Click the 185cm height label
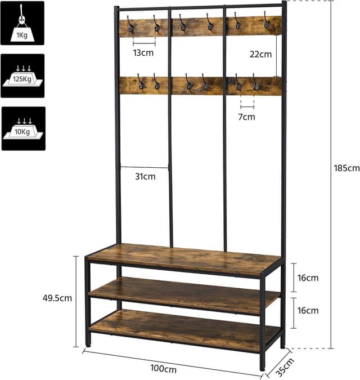[x=345, y=168]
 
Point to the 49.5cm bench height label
[x=58, y=298]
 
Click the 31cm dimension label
[x=145, y=177]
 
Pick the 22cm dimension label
[x=261, y=55]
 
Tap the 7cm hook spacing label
[x=246, y=117]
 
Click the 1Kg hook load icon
[x=22, y=23]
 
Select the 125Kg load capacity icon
[x=22, y=75]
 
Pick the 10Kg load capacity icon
[x=22, y=128]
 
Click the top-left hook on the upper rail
[x=130, y=24]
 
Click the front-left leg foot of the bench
[x=88, y=342]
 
